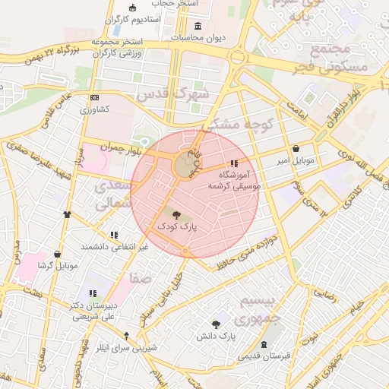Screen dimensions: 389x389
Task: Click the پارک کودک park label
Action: (176, 226)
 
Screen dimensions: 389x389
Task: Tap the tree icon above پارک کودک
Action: (176, 215)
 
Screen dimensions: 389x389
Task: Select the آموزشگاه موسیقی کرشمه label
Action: (234, 179)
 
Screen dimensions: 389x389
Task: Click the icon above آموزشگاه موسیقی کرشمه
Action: (234, 163)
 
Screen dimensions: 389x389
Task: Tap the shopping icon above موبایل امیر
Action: (295, 149)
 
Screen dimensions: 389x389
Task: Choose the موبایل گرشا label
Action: (58, 266)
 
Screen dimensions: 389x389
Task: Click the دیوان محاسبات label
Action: (196, 36)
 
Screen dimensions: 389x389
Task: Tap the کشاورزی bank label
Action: (95, 109)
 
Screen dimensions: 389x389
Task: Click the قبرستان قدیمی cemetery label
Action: (263, 356)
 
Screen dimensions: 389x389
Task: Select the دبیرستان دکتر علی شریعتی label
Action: (93, 310)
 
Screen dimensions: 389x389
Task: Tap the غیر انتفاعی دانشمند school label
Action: (115, 247)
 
